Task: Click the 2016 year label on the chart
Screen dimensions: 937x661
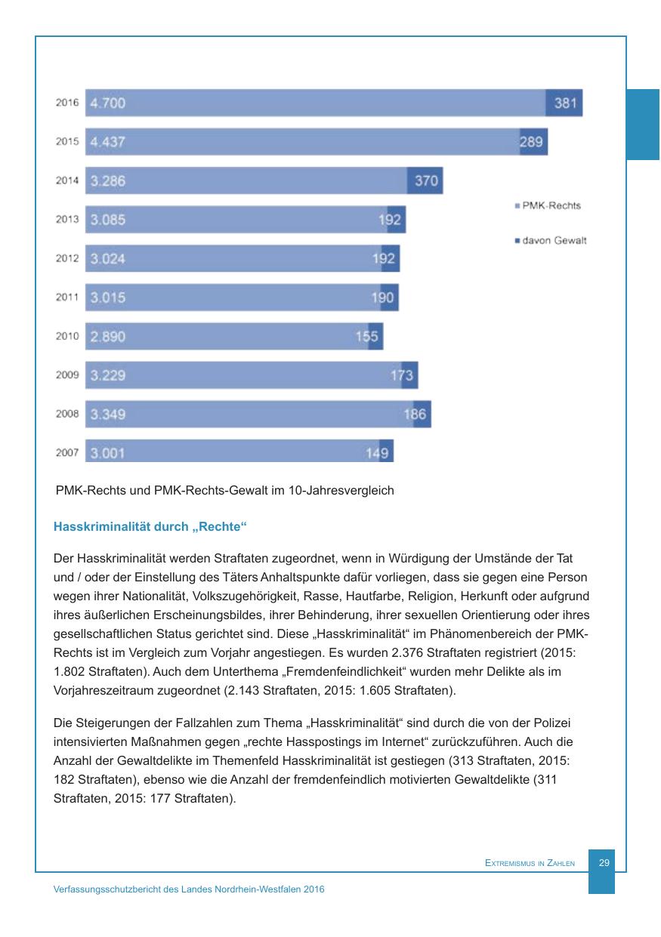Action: [67, 103]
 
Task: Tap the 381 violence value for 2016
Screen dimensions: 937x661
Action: [566, 103]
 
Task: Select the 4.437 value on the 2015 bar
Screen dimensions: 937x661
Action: [108, 142]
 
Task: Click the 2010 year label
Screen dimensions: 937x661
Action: [67, 337]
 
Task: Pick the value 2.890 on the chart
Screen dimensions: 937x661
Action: [108, 337]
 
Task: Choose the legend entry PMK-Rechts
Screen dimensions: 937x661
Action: [551, 205]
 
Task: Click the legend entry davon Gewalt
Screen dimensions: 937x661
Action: [554, 241]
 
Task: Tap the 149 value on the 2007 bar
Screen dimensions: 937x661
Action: [377, 454]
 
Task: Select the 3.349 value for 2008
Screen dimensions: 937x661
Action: [108, 415]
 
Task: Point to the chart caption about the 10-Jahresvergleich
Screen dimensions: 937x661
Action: [225, 491]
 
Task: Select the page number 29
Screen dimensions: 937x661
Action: [604, 862]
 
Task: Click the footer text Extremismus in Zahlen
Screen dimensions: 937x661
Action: [530, 863]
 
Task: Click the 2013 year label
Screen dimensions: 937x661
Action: [67, 220]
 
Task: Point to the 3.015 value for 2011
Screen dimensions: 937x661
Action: [108, 297]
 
